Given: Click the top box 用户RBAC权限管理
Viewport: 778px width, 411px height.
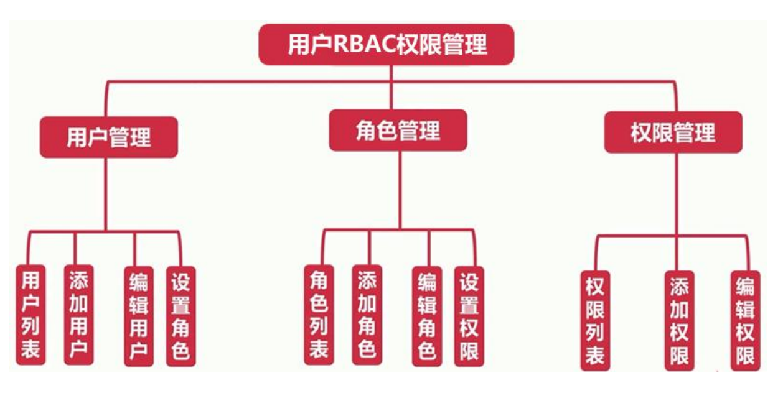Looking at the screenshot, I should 387,45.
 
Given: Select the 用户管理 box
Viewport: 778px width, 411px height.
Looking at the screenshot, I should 109,137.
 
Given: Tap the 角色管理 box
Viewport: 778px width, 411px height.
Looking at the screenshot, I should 398,131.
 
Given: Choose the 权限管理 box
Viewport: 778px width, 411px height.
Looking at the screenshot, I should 673,132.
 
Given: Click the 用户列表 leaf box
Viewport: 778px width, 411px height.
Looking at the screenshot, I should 30,315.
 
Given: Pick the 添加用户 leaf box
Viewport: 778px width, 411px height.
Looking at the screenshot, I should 79,315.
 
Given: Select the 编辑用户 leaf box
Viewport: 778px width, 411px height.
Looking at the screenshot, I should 138,316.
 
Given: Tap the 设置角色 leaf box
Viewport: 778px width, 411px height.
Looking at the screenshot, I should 180,316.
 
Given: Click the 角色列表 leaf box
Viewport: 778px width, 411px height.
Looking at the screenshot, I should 319,315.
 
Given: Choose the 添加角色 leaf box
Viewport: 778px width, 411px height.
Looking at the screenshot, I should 367,315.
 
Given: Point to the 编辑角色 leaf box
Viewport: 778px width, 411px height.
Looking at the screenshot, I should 427,316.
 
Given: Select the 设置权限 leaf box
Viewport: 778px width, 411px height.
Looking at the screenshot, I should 469,316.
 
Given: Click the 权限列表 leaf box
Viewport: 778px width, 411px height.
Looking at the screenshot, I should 595,320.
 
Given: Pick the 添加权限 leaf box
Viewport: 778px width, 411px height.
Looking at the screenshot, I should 679,320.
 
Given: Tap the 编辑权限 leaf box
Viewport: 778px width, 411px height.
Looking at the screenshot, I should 745,320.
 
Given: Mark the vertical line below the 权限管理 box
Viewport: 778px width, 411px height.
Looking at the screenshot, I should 677,193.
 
